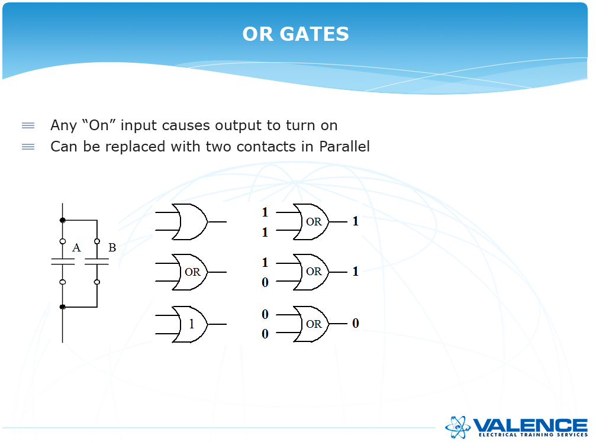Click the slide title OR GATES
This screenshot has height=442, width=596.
295,34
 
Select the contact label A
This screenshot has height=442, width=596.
76,248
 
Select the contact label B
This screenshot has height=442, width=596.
112,247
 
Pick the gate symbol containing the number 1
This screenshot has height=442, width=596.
189,324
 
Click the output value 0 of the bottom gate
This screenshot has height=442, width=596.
356,323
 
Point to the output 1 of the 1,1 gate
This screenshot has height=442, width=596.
355,221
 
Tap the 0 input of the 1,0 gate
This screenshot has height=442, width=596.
265,283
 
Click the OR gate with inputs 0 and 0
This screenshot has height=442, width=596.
311,324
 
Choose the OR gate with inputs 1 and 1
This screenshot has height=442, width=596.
311,222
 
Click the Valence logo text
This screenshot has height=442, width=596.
530,425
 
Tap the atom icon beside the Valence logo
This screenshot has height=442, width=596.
458,425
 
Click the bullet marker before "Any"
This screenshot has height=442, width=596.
28,125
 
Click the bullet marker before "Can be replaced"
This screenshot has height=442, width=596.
28,146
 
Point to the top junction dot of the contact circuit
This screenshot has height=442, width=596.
63,220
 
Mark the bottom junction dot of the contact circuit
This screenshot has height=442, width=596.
63,307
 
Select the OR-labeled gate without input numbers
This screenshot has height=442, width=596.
189,272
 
